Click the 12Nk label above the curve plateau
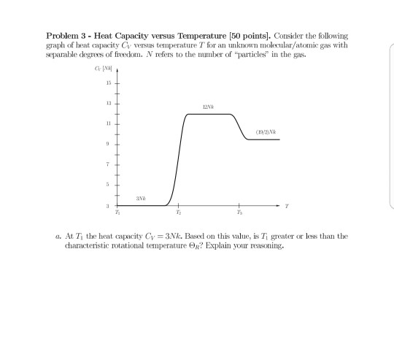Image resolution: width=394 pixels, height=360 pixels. pyautogui.click(x=209, y=107)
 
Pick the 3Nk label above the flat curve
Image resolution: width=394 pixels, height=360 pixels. pyautogui.click(x=141, y=198)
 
